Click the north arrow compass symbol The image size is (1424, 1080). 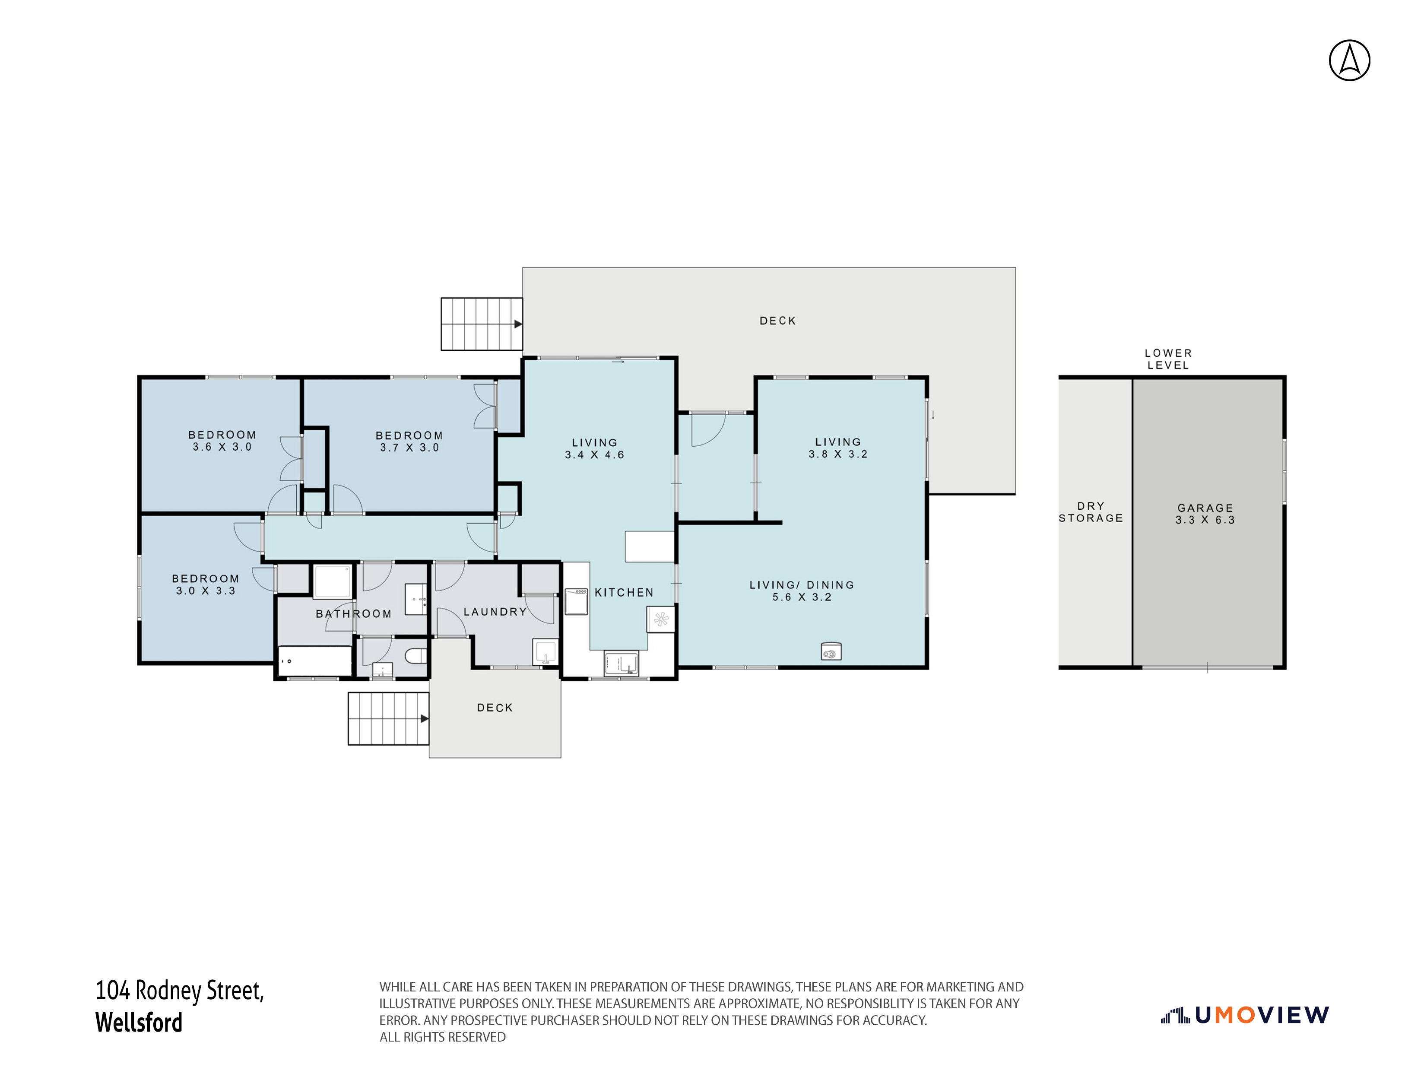click(1349, 60)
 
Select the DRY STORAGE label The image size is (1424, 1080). click(1091, 512)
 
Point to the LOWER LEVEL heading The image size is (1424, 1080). click(1168, 359)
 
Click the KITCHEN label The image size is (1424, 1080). click(624, 592)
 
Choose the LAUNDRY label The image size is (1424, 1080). click(495, 612)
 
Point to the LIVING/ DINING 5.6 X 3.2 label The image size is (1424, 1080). click(802, 591)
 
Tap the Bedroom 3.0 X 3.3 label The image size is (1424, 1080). click(205, 584)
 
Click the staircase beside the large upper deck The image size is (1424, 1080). click(482, 324)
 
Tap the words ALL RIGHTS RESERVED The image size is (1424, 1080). click(442, 1037)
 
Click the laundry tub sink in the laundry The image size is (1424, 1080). click(545, 652)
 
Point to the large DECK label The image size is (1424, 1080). click(778, 321)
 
